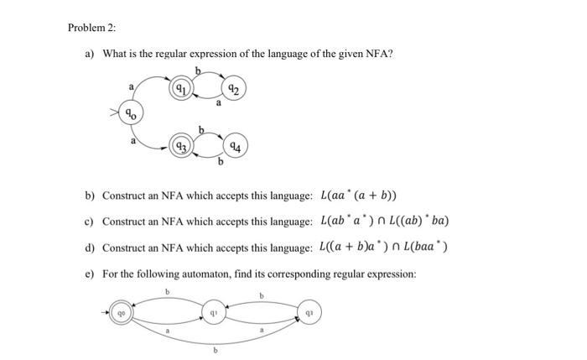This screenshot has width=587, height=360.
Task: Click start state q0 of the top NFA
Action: tap(130, 112)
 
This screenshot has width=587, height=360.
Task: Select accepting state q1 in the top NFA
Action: tap(179, 87)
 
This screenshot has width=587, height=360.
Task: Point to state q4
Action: tap(236, 146)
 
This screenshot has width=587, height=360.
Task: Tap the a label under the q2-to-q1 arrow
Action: tap(218, 103)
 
